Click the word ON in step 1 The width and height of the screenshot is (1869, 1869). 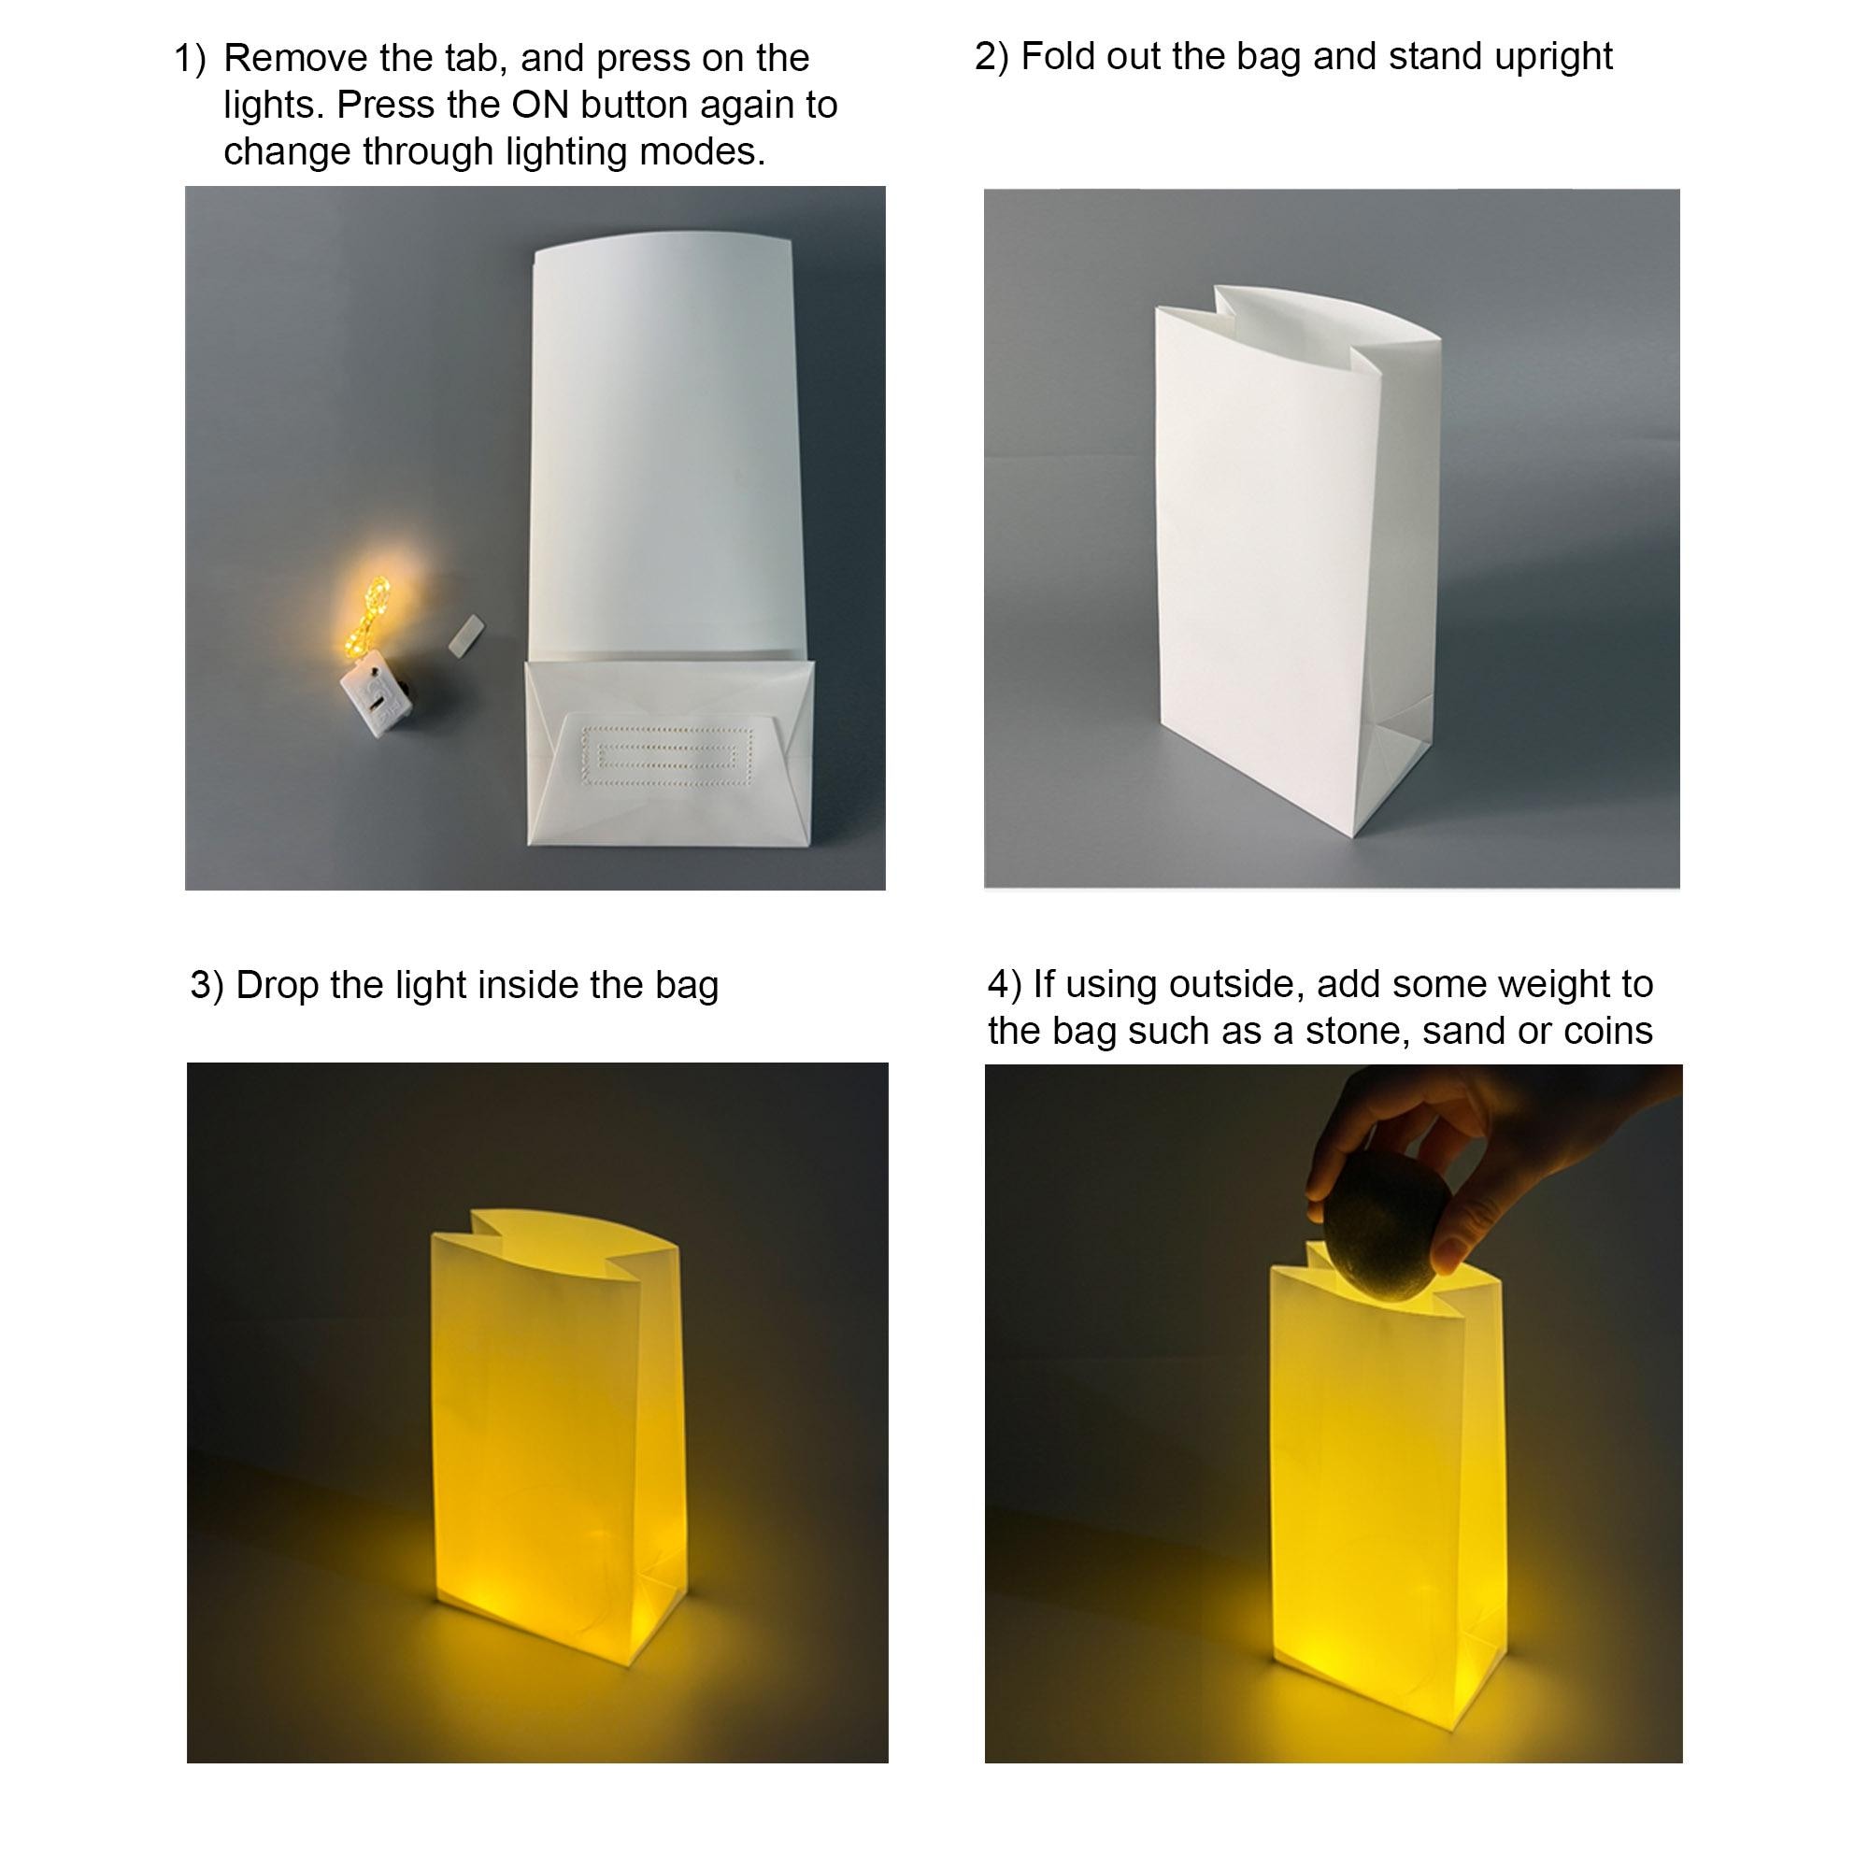click(x=537, y=105)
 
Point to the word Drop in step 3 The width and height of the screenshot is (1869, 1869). click(x=278, y=986)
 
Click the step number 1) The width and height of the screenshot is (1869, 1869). click(x=191, y=59)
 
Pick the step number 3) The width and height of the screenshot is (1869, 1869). click(x=206, y=986)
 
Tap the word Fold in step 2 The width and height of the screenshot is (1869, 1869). click(x=1057, y=57)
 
